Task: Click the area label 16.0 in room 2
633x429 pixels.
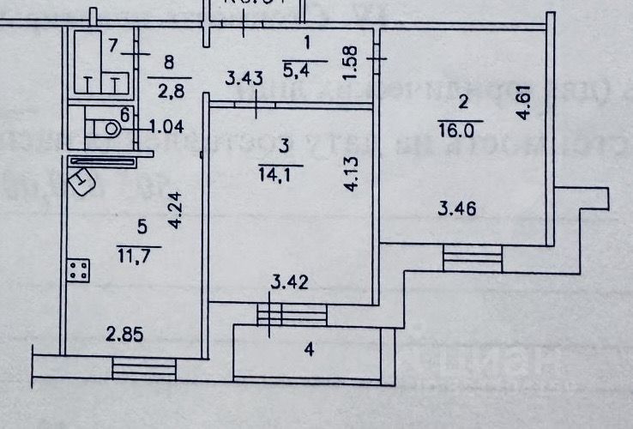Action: click(461, 130)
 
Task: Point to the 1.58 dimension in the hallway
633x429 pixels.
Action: click(347, 61)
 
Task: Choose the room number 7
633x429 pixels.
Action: click(113, 44)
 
